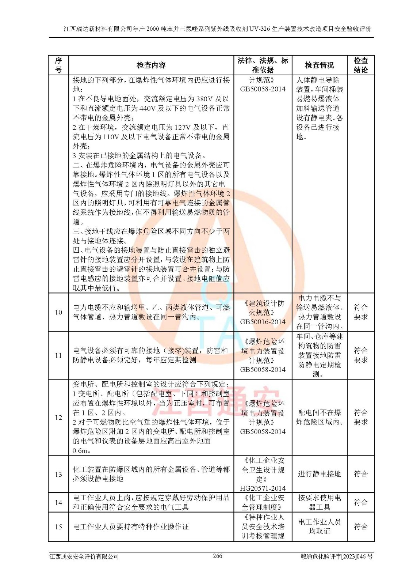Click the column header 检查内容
[x=151, y=65]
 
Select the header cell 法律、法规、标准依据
[x=263, y=65]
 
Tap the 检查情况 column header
[x=320, y=65]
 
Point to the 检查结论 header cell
[x=361, y=65]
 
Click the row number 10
[x=58, y=312]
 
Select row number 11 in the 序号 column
[x=58, y=355]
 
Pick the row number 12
[x=58, y=418]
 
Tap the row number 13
[x=58, y=474]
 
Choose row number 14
[x=58, y=502]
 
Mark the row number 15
[x=58, y=527]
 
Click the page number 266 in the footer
[x=218, y=556]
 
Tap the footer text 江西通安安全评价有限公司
[x=84, y=556]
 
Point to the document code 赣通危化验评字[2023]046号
[x=336, y=556]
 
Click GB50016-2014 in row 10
[x=263, y=322]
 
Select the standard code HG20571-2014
[x=263, y=488]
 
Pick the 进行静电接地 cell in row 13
[x=320, y=474]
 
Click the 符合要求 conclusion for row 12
[x=361, y=417]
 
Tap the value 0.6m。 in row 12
[x=81, y=450]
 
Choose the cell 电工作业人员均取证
[x=320, y=526]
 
